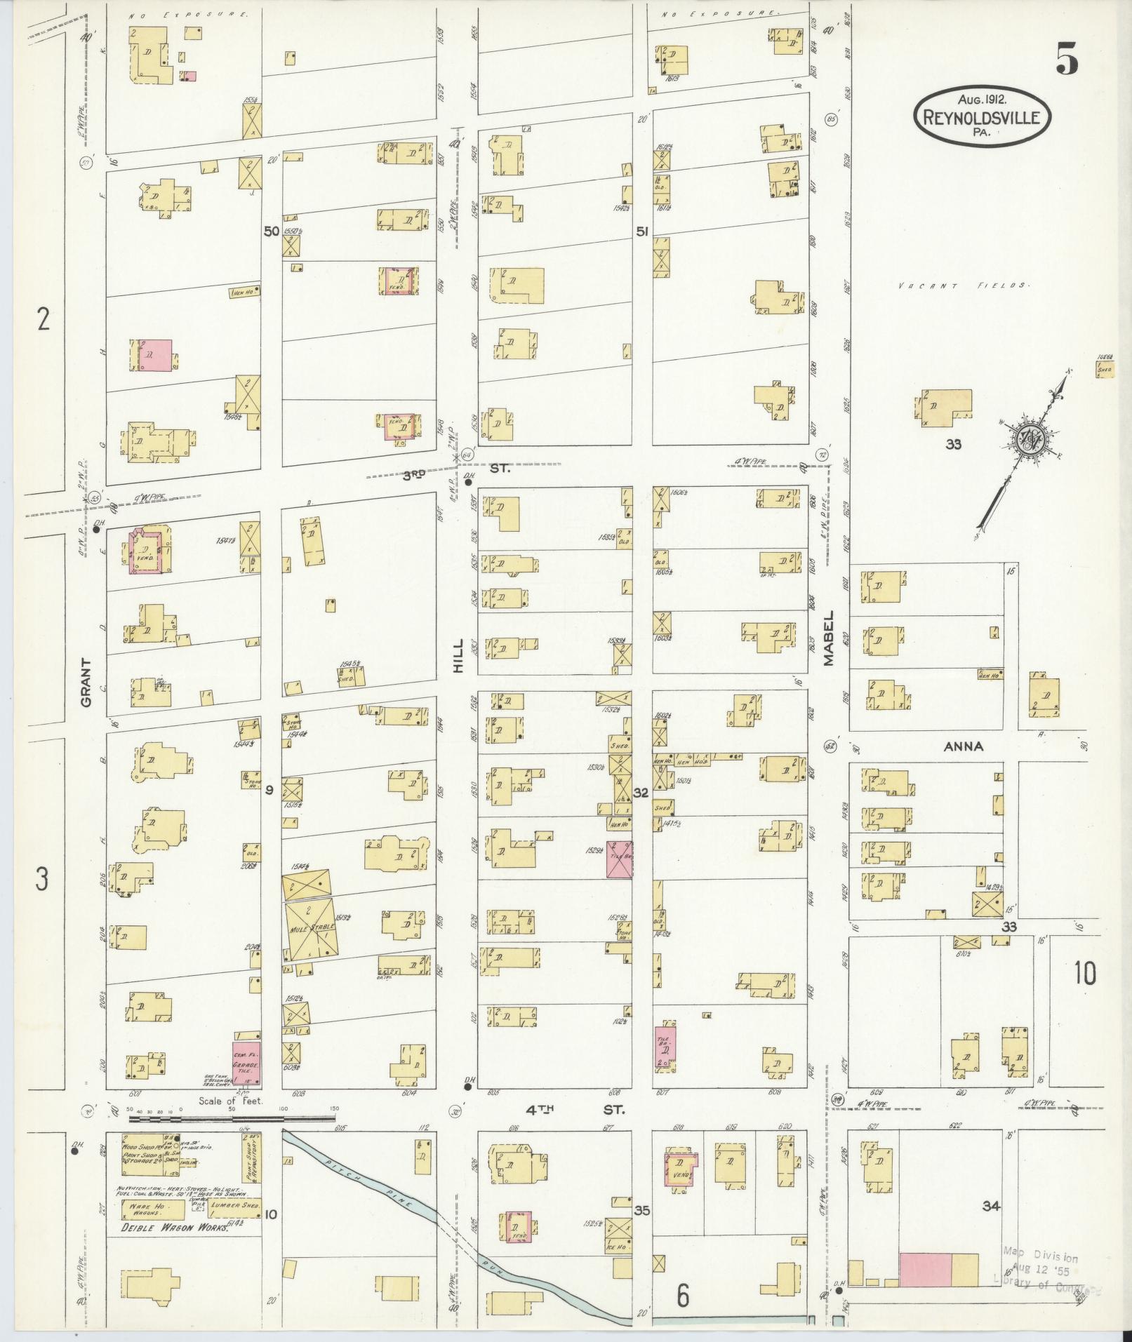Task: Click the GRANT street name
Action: click(x=87, y=681)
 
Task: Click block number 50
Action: click(x=272, y=230)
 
